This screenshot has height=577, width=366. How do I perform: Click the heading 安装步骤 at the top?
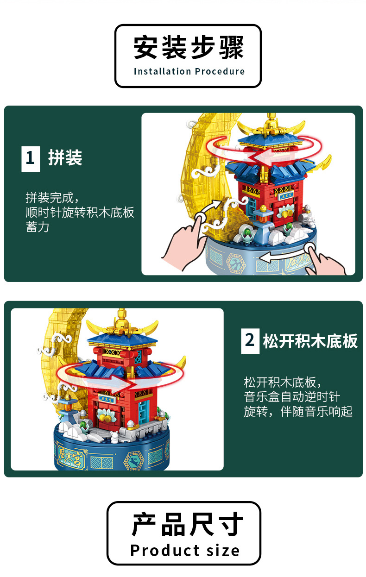pyautogui.click(x=188, y=49)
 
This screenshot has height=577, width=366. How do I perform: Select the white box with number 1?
pyautogui.click(x=31, y=158)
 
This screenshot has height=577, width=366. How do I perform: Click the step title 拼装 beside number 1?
pyautogui.click(x=65, y=158)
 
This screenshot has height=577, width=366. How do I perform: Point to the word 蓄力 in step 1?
pyautogui.click(x=38, y=227)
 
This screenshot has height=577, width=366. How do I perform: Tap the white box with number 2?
pyautogui.click(x=250, y=340)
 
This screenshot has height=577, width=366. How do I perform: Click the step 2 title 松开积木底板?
pyautogui.click(x=310, y=341)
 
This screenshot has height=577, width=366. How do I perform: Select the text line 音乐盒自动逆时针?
pyautogui.click(x=292, y=397)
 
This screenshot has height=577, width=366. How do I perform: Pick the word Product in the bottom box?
pyautogui.click(x=159, y=551)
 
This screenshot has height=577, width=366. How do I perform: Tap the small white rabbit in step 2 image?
pyautogui.click(x=113, y=435)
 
